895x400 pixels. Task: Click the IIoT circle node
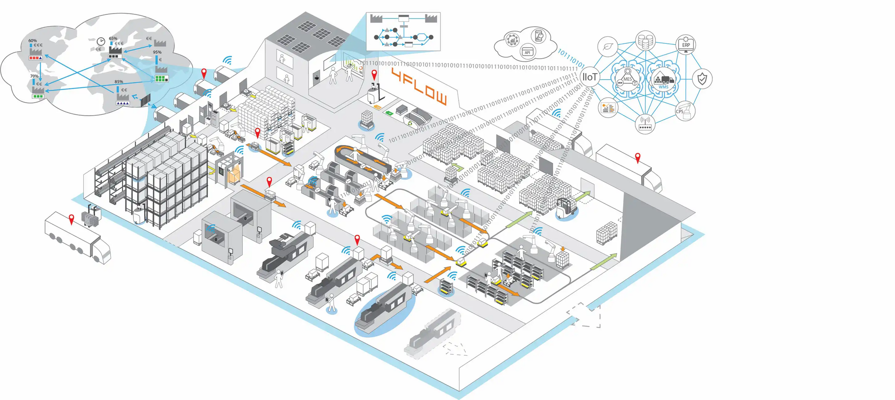[590, 77]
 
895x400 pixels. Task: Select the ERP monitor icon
[686, 45]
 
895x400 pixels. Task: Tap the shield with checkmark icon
[702, 79]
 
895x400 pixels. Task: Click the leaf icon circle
[608, 47]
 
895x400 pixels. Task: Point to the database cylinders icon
[646, 41]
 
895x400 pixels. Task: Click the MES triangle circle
[627, 80]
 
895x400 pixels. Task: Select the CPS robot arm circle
[684, 111]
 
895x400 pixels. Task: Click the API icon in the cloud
[527, 52]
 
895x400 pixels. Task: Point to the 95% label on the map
[157, 52]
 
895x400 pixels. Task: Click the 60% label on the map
[32, 41]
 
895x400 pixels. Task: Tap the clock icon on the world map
[101, 41]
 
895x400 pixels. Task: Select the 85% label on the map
[119, 82]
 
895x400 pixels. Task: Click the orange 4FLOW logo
[419, 86]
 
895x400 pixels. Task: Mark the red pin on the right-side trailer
[638, 158]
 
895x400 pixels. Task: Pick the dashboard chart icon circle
[608, 108]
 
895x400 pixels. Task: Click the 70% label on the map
[34, 76]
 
